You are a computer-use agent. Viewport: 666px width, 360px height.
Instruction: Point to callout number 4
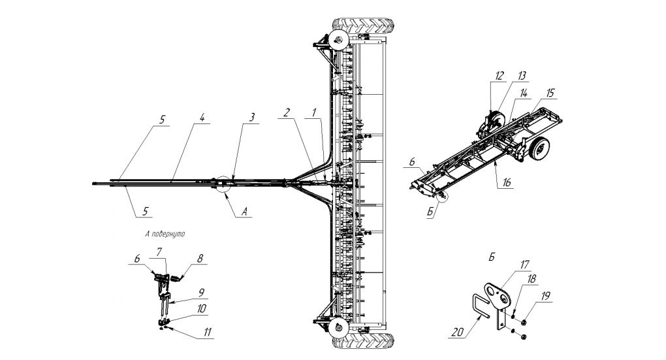click(203, 118)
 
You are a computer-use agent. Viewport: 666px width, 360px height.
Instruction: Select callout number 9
click(202, 292)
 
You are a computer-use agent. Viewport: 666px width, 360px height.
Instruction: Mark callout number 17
click(524, 265)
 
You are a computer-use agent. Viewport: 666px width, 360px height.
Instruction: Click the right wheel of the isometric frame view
click(539, 150)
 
